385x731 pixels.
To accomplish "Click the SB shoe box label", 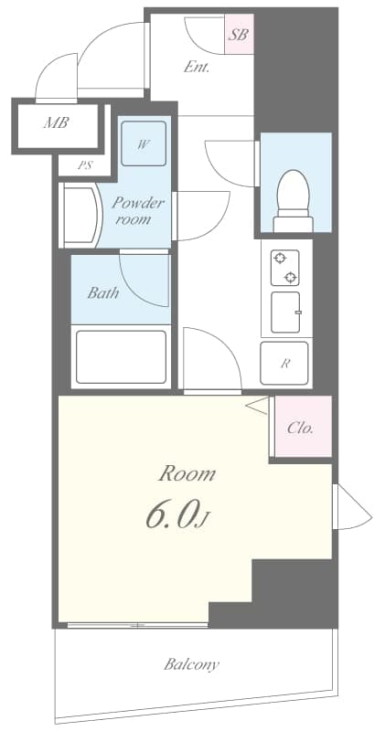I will pyautogui.click(x=239, y=36).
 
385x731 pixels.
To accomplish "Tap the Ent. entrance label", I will pyautogui.click(x=197, y=66).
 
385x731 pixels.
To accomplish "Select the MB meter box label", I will pyautogui.click(x=57, y=122).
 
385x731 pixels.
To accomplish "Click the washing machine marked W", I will pyautogui.click(x=144, y=144).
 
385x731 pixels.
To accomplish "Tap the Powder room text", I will pyautogui.click(x=138, y=211).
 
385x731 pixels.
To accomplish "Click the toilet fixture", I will pyautogui.click(x=294, y=195).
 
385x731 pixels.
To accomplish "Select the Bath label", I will pyautogui.click(x=102, y=293).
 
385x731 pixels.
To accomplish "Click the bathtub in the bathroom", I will pyautogui.click(x=120, y=357).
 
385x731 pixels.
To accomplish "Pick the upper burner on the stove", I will pyautogui.click(x=279, y=258).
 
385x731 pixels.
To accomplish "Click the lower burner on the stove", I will pyautogui.click(x=290, y=277).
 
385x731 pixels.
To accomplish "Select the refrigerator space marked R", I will pyautogui.click(x=285, y=363).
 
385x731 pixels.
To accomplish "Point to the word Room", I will pyautogui.click(x=187, y=473).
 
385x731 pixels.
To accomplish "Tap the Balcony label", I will pyautogui.click(x=191, y=664).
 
